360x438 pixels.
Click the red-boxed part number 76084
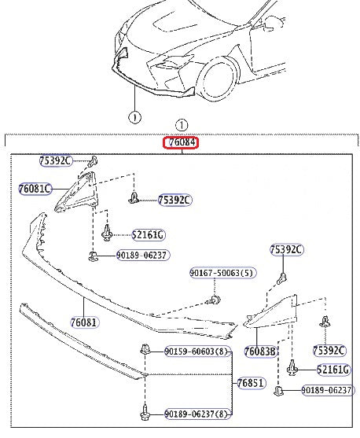click(x=181, y=143)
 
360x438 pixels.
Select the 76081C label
click(x=35, y=189)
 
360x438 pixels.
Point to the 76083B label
click(x=260, y=351)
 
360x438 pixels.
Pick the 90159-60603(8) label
click(x=197, y=351)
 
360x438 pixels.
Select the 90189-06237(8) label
click(x=197, y=414)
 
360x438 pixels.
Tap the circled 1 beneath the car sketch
click(x=134, y=117)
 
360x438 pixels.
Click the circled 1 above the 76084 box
click(x=182, y=124)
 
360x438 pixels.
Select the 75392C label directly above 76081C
click(x=55, y=160)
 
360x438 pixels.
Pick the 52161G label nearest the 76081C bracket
click(x=148, y=234)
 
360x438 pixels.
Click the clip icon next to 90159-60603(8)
click(x=145, y=351)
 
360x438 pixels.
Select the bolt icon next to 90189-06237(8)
click(x=145, y=412)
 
